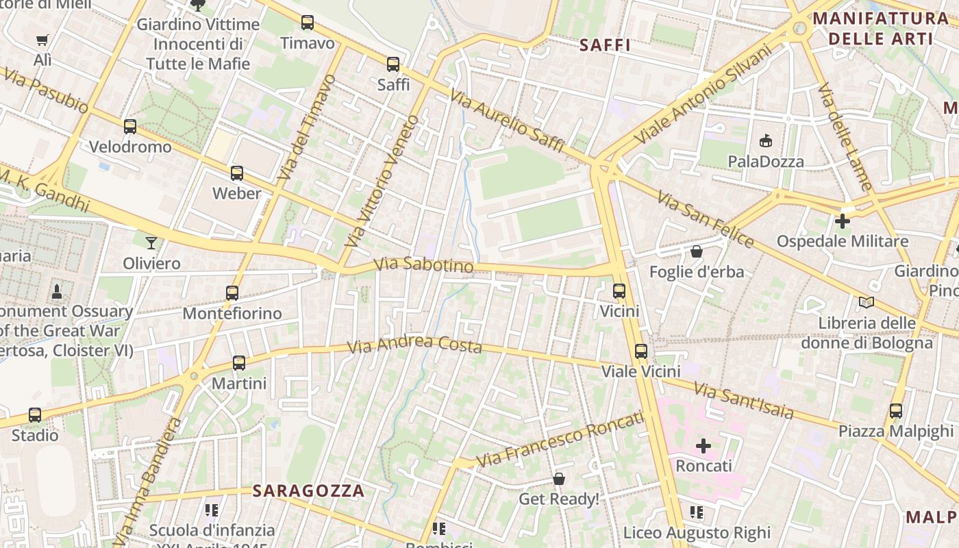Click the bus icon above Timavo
pyautogui.click(x=308, y=23)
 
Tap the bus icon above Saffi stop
pyautogui.click(x=393, y=64)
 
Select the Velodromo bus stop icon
pyautogui.click(x=130, y=127)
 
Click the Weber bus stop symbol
pyautogui.click(x=237, y=173)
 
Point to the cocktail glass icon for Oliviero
pyautogui.click(x=151, y=242)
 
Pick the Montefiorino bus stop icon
pyautogui.click(x=232, y=293)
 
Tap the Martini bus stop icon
pyautogui.click(x=239, y=363)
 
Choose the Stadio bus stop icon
pyautogui.click(x=35, y=415)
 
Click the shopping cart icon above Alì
pyautogui.click(x=42, y=40)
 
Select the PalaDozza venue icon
pyautogui.click(x=766, y=141)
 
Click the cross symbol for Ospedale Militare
pyautogui.click(x=843, y=221)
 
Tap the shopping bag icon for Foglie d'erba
pyautogui.click(x=697, y=251)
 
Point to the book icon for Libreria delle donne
pyautogui.click(x=867, y=302)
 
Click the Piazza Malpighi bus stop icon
pyautogui.click(x=896, y=411)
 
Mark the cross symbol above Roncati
pyautogui.click(x=703, y=446)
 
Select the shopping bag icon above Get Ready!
pyautogui.click(x=559, y=479)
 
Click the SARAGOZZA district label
pyautogui.click(x=308, y=491)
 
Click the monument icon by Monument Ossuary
pyautogui.click(x=57, y=292)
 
